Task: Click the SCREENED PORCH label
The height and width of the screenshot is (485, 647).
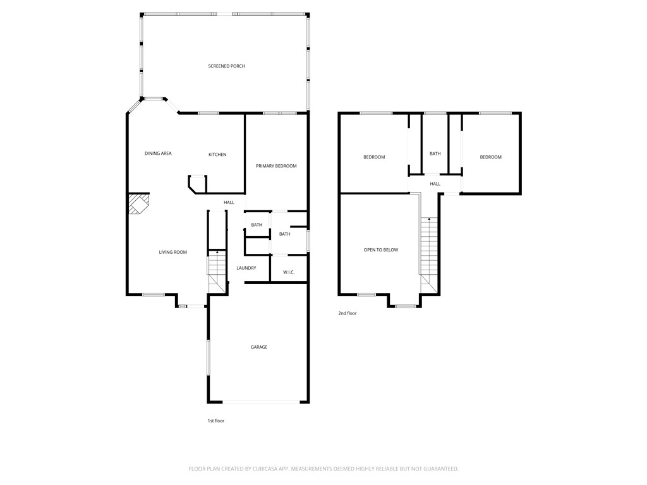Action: tap(227, 66)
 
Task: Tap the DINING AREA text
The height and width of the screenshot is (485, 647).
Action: tap(158, 153)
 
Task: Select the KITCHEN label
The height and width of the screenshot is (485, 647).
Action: tap(217, 155)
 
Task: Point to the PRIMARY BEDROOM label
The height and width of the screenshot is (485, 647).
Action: tap(276, 166)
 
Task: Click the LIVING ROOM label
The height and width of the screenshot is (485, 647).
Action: tap(173, 252)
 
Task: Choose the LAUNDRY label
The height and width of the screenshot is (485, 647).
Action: tap(246, 268)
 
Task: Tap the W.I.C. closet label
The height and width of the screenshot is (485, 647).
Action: tap(289, 272)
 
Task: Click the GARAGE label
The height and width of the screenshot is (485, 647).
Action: tap(259, 347)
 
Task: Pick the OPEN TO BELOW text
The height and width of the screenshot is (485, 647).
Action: tap(381, 250)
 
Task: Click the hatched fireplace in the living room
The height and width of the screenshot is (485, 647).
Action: tap(137, 204)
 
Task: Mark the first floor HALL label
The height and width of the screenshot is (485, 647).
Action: tap(229, 203)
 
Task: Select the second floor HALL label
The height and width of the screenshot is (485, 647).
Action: tap(435, 184)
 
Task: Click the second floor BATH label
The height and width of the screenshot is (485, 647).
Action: tap(435, 154)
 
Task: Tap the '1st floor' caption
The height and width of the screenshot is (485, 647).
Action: tap(216, 421)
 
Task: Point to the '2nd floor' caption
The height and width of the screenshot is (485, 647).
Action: tap(348, 313)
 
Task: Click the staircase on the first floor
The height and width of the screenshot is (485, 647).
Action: tap(217, 272)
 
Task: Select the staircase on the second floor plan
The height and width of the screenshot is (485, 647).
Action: tap(429, 255)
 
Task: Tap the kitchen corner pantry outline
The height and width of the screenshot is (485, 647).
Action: tap(197, 184)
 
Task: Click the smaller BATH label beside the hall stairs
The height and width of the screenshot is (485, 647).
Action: tap(257, 225)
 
